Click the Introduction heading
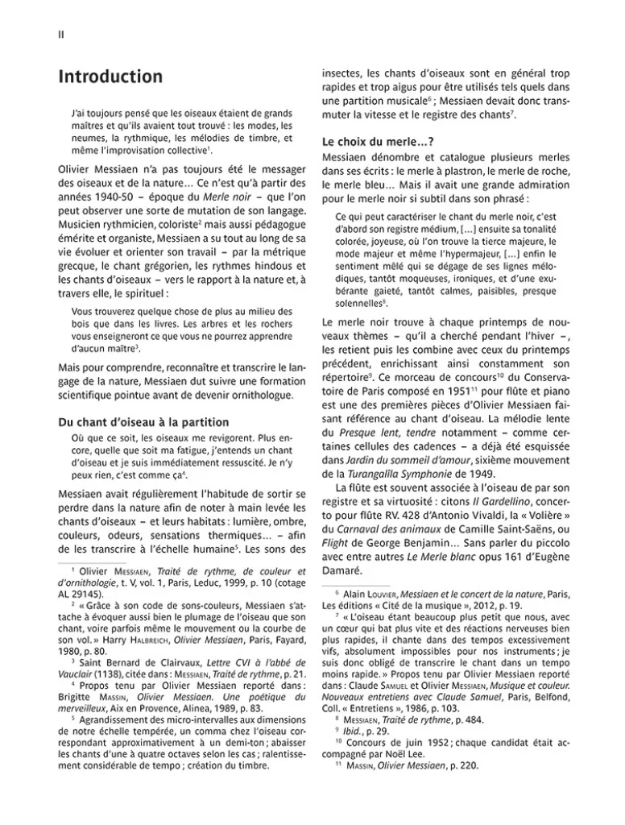pyautogui.click(x=111, y=77)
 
